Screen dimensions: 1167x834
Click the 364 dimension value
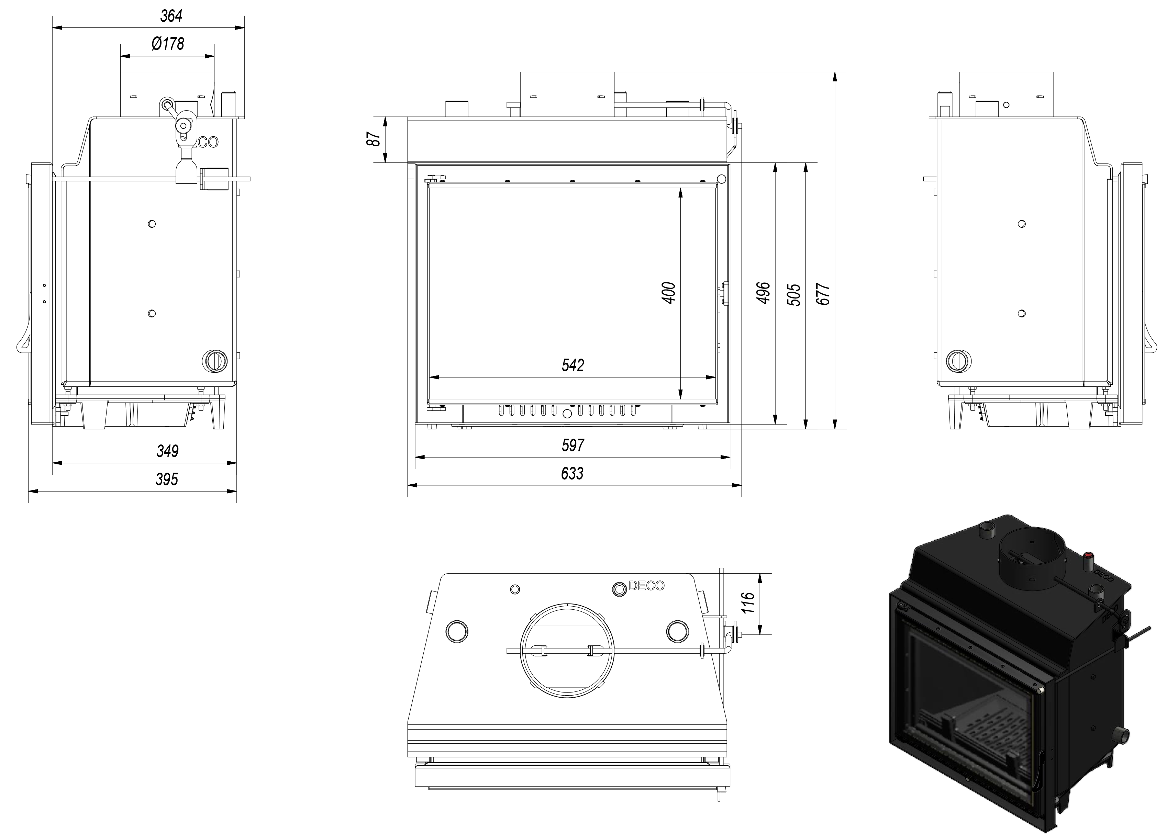171,16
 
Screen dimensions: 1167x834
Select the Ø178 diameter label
168,44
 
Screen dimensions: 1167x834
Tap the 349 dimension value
167,451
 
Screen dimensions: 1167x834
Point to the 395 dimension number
167,479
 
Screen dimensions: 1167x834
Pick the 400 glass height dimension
669,293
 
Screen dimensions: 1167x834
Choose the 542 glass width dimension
573,365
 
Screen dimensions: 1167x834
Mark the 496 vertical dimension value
764,293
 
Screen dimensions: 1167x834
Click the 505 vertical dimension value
794,295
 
